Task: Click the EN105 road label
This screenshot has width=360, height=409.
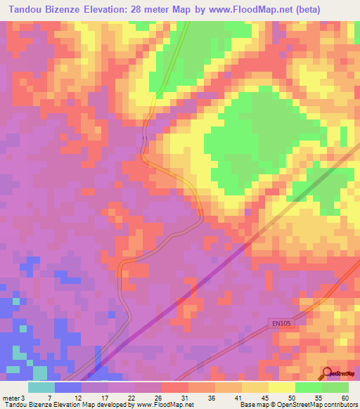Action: point(280,323)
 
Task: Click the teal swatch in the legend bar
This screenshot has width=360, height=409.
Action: point(41,387)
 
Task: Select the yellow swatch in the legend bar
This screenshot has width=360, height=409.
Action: point(281,387)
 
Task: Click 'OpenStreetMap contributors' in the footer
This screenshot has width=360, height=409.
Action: point(319,405)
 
